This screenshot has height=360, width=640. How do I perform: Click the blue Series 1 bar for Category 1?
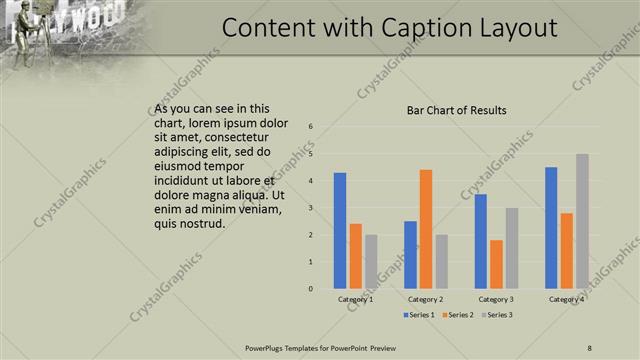(340, 231)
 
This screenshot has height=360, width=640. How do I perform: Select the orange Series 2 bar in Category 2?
(426, 229)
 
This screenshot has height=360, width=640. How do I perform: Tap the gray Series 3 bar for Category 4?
(582, 221)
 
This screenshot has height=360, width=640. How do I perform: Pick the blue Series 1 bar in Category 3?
(481, 241)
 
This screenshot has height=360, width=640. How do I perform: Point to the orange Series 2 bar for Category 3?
(496, 264)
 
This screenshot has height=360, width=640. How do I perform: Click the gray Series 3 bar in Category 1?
(371, 262)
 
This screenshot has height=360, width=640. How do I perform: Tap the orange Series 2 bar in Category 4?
(566, 251)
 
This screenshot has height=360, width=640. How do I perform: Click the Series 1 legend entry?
(420, 315)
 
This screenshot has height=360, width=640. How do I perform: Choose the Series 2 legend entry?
(457, 315)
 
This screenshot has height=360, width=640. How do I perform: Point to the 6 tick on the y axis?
(311, 127)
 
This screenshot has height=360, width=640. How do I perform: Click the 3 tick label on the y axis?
(311, 208)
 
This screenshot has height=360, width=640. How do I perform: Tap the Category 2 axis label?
(426, 299)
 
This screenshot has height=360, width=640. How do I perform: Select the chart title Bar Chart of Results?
(456, 110)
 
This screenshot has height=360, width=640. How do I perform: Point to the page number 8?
(590, 347)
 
